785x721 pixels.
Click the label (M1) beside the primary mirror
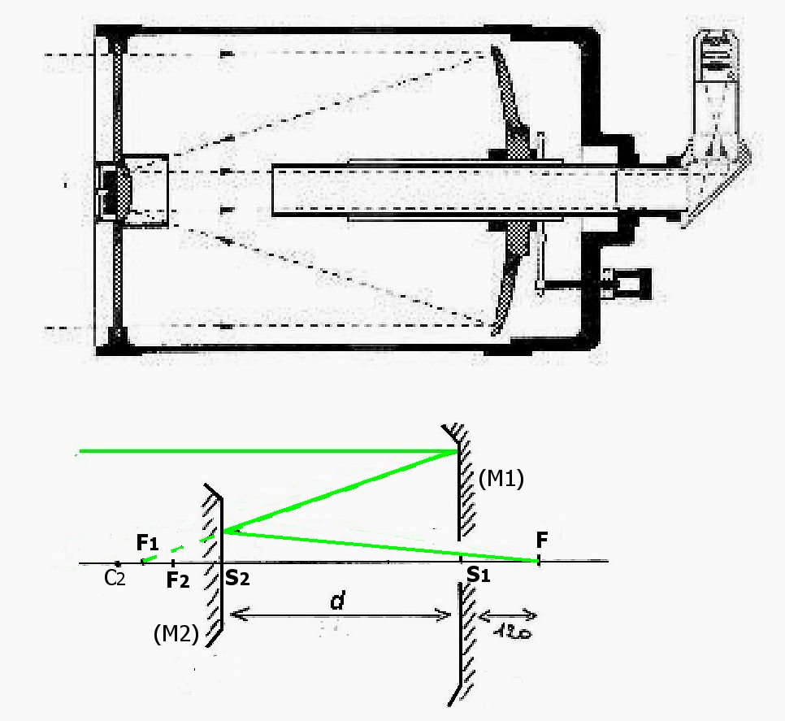click(501, 480)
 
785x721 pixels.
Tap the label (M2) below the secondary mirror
click(176, 635)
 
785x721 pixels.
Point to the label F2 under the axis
click(177, 580)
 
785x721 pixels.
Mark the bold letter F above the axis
click(542, 540)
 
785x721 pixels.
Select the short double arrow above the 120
click(508, 614)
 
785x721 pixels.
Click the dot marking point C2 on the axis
click(118, 563)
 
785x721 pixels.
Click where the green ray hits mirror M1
click(458, 452)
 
